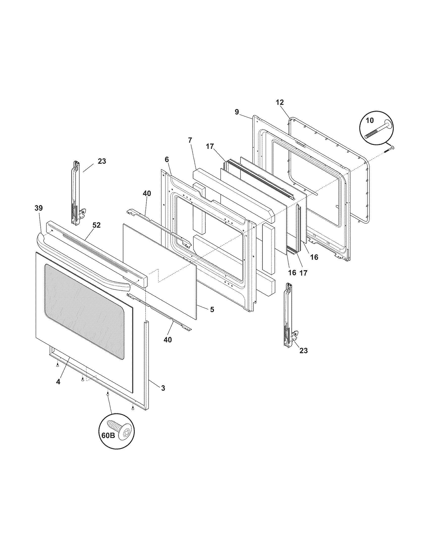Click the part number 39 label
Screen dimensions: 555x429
[x=39, y=208]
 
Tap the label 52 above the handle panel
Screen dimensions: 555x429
[x=96, y=225]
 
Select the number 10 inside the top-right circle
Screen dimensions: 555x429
[x=370, y=120]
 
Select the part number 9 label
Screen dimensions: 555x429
[x=237, y=112]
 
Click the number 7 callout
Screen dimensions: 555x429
[x=190, y=140]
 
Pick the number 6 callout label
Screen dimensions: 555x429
[x=167, y=159]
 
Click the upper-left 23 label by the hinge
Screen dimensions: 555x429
[x=102, y=161]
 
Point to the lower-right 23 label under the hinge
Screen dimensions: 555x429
[x=303, y=350]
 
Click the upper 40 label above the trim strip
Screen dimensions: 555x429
[x=147, y=193]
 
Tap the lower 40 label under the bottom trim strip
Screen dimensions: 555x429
[x=168, y=340]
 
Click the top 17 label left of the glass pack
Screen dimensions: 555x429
[x=210, y=147]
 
